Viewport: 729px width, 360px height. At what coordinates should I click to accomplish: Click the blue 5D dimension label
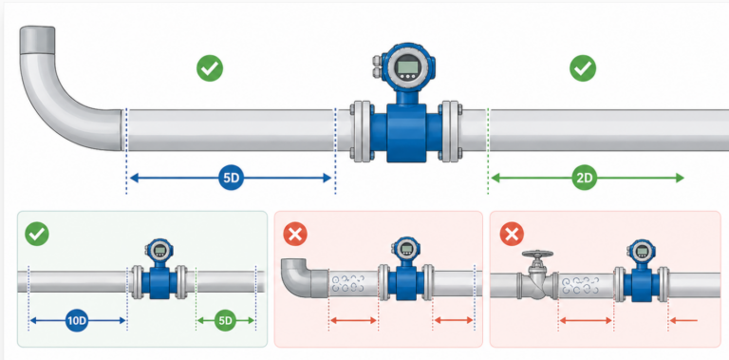pos(231,178)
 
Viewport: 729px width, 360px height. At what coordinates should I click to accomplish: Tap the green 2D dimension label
pos(586,178)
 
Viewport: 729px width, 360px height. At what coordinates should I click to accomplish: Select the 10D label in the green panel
pos(78,320)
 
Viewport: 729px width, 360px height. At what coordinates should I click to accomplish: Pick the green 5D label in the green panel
pos(226,320)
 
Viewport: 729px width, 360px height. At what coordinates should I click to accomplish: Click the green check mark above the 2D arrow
pos(582,68)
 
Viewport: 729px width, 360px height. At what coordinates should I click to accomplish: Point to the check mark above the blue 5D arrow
pos(209,68)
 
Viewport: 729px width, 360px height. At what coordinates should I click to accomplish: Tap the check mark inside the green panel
pos(38,233)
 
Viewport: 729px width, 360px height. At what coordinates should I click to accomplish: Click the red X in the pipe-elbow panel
pos(295,233)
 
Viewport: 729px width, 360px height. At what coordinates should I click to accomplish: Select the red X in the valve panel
pos(511,233)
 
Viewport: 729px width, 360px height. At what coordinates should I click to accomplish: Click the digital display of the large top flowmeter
pos(409,66)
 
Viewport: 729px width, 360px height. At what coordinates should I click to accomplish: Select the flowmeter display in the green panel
pos(159,252)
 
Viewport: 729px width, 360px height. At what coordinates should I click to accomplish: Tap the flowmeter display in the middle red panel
pos(407,251)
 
